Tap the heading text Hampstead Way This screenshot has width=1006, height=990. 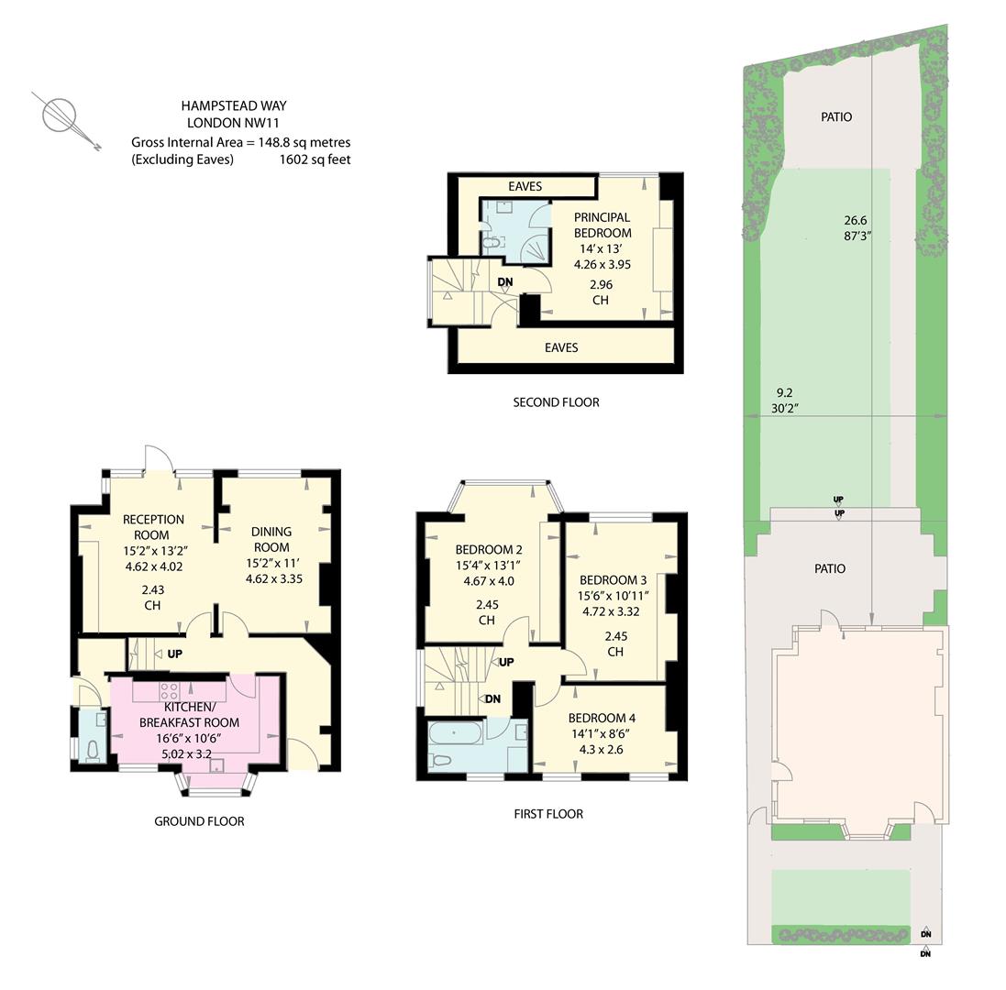234,105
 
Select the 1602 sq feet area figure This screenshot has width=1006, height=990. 315,159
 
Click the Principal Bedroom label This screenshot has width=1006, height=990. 602,225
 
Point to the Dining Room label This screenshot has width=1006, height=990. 271,539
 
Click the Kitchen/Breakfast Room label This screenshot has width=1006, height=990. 189,714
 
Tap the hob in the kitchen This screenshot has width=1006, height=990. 170,690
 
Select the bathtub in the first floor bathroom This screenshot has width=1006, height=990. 455,732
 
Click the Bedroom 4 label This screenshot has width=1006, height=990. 602,718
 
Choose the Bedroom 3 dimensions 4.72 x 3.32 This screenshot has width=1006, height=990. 611,611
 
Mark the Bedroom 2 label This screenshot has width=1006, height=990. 489,549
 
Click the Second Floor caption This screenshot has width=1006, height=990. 557,402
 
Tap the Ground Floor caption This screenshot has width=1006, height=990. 200,821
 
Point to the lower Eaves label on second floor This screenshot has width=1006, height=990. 561,347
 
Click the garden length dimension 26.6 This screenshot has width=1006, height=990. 856,220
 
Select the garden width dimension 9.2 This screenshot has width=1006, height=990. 784,393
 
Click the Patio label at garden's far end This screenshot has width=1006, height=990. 836,116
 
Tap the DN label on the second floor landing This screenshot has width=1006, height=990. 505,282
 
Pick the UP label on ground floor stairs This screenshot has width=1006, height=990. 174,654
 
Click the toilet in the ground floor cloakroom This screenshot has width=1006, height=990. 93,751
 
